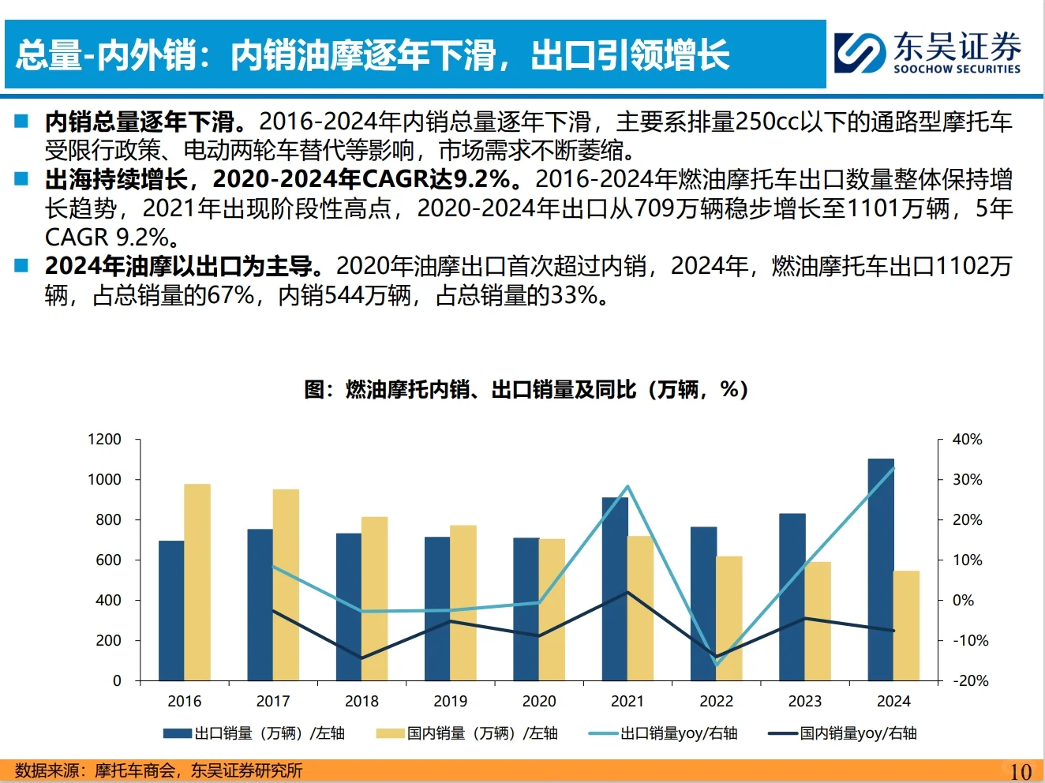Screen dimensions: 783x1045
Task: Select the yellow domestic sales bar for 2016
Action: click(x=197, y=582)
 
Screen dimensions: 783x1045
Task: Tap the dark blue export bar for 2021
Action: click(x=615, y=588)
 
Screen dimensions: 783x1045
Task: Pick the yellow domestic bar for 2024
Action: click(x=906, y=625)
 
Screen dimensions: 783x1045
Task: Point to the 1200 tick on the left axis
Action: click(x=105, y=440)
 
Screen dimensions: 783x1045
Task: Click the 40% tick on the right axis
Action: click(x=967, y=440)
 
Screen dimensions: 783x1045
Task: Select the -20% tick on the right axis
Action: click(x=970, y=680)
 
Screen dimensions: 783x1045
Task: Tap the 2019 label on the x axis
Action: click(x=450, y=701)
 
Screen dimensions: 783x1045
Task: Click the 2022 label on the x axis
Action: click(x=716, y=701)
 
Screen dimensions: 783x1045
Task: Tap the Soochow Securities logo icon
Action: click(x=860, y=53)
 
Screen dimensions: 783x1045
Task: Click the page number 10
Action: click(x=1020, y=771)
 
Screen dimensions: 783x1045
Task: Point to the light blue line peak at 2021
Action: click(x=628, y=486)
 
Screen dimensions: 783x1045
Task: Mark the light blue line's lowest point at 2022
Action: click(x=717, y=665)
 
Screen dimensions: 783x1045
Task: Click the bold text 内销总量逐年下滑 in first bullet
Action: click(x=139, y=122)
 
